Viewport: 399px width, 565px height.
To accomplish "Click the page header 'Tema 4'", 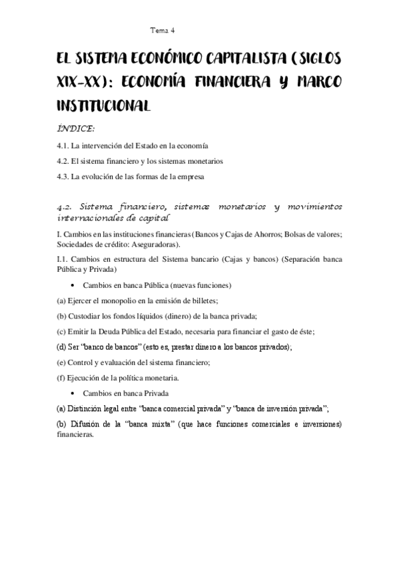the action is (x=162, y=29).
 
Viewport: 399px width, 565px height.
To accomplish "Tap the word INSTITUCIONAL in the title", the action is (x=105, y=105).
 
